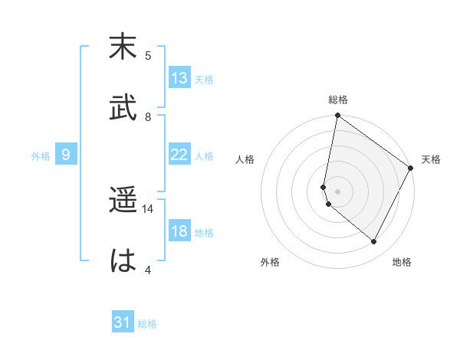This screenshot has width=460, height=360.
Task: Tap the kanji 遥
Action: [x=123, y=200]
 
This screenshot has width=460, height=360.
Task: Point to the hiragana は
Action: [x=123, y=260]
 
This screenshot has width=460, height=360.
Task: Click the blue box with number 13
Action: [x=179, y=78]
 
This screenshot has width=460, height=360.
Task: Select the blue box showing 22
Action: [x=179, y=155]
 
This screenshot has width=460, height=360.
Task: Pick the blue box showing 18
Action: [x=179, y=231]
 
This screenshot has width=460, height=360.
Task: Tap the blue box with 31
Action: [x=123, y=322]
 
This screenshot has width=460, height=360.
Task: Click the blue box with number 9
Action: [x=66, y=155]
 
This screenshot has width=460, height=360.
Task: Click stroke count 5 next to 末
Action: [x=148, y=55]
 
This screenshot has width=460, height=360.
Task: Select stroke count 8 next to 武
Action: [x=148, y=116]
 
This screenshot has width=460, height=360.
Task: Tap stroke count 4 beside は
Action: [x=148, y=270]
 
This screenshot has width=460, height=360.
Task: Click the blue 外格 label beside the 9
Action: [x=41, y=156]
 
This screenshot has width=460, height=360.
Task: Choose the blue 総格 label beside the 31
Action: [x=147, y=324]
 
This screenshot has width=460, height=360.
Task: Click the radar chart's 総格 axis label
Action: [x=337, y=100]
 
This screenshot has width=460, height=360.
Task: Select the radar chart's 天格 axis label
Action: [x=431, y=159]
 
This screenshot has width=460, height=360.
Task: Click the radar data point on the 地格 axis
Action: [x=374, y=242]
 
